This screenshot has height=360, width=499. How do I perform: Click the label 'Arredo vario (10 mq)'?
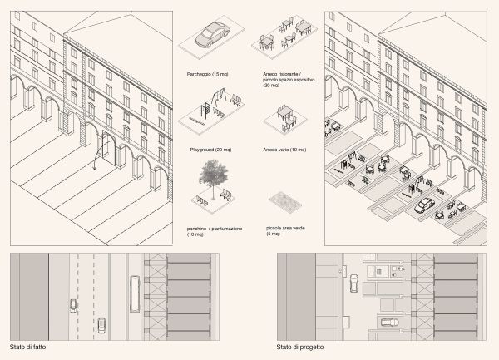pyautogui.click(x=283, y=150)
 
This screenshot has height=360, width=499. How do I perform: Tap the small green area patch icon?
pyautogui.click(x=286, y=203)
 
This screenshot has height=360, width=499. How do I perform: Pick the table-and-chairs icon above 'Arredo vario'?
pyautogui.click(x=284, y=117)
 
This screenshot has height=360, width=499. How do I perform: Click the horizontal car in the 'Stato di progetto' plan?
pyautogui.click(x=388, y=322)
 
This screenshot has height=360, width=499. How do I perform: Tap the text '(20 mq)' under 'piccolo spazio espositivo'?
pyautogui.click(x=271, y=85)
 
